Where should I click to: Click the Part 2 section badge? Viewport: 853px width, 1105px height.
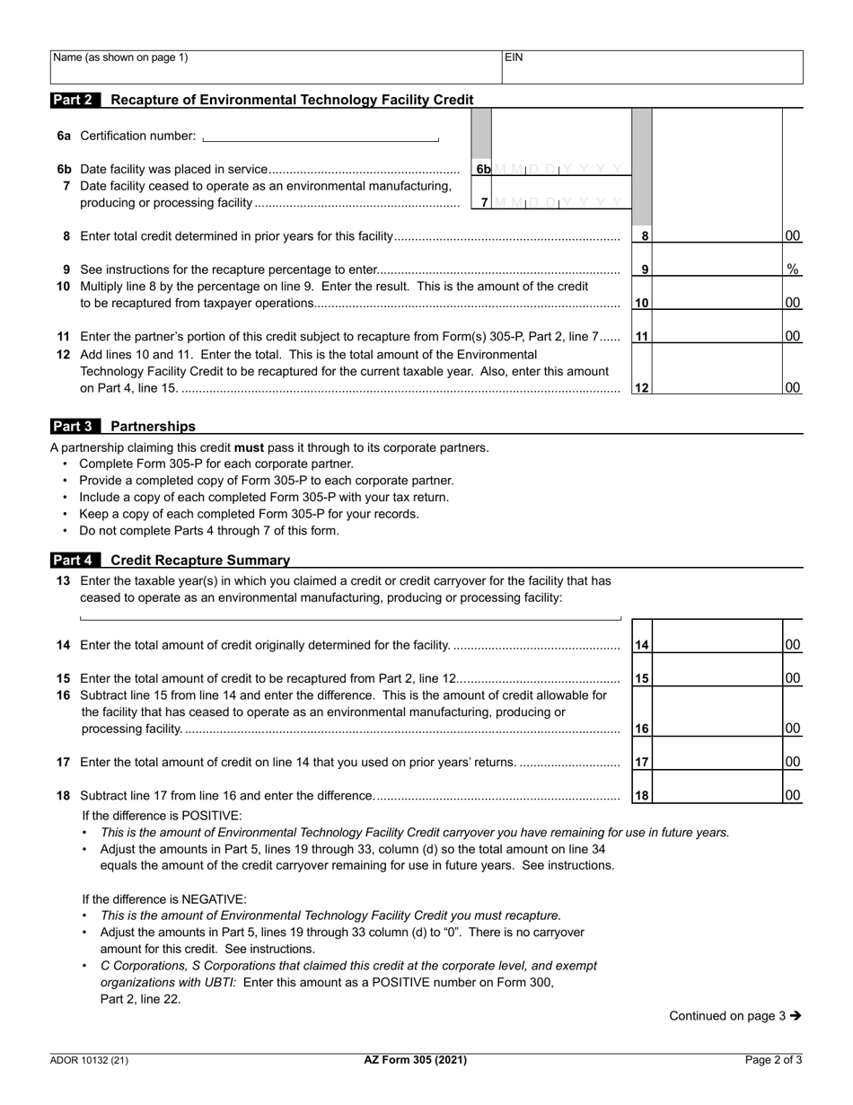pyautogui.click(x=75, y=100)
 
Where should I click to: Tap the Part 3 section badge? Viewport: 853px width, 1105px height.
pyautogui.click(x=75, y=426)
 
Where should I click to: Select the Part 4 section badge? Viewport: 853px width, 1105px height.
pyautogui.click(x=75, y=560)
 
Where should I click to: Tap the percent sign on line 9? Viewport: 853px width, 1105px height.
pyautogui.click(x=793, y=269)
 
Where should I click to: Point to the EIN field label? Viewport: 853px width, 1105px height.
pyautogui.click(x=514, y=57)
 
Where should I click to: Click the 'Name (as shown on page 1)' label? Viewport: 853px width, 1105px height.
pyautogui.click(x=121, y=57)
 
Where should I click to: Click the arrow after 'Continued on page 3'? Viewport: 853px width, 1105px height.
pyautogui.click(x=796, y=1016)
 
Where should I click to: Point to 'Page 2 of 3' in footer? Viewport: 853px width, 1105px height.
pyautogui.click(x=773, y=1060)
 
